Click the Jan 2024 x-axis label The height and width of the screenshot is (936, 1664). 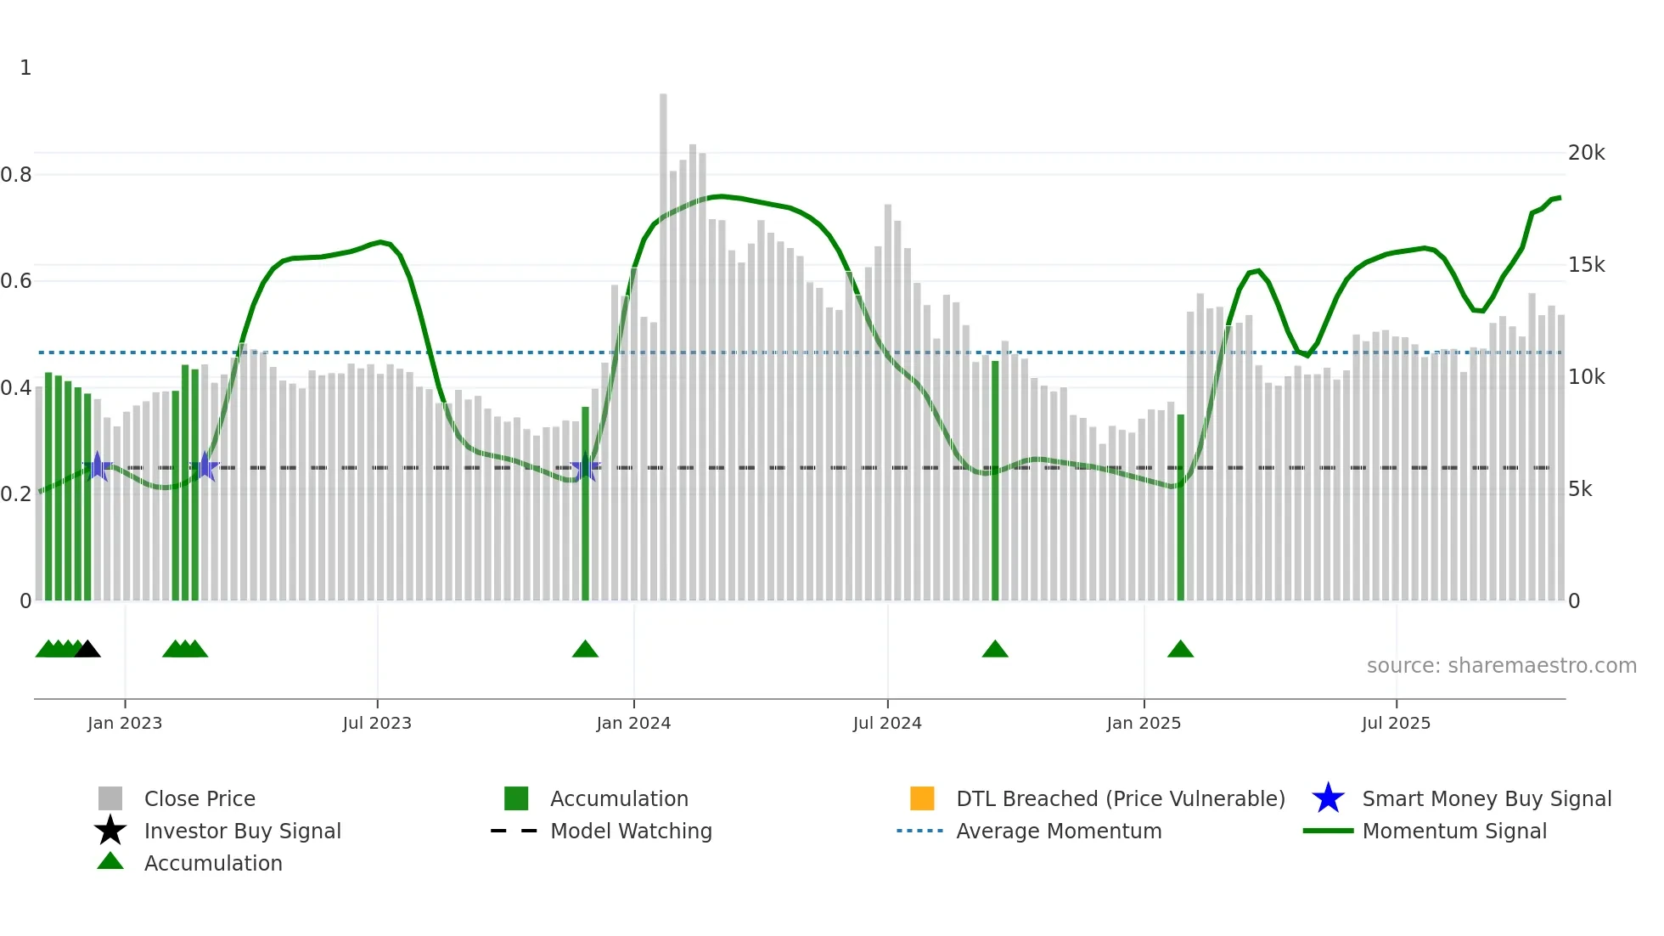coord(633,723)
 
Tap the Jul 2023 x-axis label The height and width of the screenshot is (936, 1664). coord(377,723)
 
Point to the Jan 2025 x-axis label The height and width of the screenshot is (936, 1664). coord(1144,723)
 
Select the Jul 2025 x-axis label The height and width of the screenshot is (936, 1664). coord(1396,723)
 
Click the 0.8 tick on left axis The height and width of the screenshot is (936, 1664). coord(16,175)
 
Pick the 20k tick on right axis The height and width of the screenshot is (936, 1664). coord(1586,153)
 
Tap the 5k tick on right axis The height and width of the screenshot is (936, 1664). coord(1580,489)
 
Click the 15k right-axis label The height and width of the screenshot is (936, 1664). coord(1586,265)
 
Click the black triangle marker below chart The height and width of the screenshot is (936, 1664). coord(87,649)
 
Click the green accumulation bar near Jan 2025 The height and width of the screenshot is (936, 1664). coord(1180,510)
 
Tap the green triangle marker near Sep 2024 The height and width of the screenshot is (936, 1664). coord(995,649)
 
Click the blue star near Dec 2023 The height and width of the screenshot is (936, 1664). coord(585,467)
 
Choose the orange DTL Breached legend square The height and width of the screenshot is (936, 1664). coord(922,798)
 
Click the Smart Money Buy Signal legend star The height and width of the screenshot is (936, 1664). coord(1328,798)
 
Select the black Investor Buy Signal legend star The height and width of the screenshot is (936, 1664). coord(110,831)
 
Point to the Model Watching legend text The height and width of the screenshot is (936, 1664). coord(631,831)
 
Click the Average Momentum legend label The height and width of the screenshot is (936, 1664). coord(1059,831)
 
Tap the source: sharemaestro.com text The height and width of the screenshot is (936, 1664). coord(1501,666)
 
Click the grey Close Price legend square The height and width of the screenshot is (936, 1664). coord(110,798)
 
